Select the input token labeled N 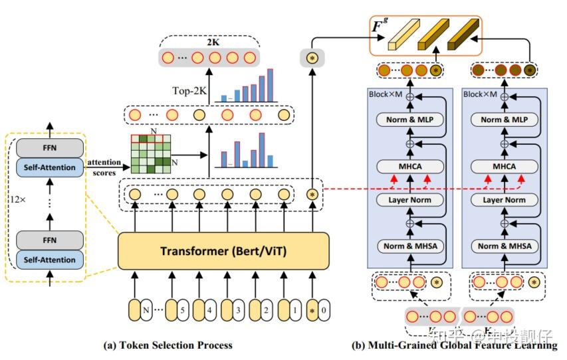click(x=142, y=309)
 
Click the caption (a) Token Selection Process click(x=168, y=345)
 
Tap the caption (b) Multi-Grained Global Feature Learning click(x=454, y=345)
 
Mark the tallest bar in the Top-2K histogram click(x=270, y=85)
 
